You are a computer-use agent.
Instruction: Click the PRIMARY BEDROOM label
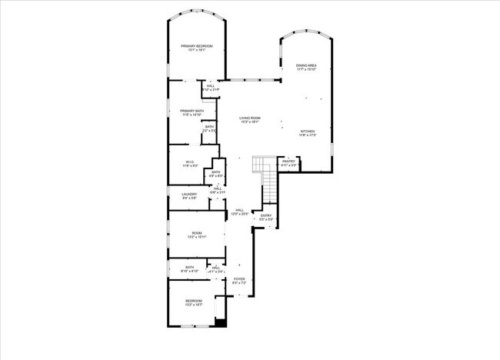pyautogui.click(x=197, y=46)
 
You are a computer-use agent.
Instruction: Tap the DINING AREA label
pyautogui.click(x=308, y=65)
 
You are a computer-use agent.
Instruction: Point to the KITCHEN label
pyautogui.click(x=308, y=132)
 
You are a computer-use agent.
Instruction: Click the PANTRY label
pyautogui.click(x=288, y=162)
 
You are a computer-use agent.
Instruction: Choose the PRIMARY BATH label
pyautogui.click(x=192, y=111)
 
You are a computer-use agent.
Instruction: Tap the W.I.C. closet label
pyautogui.click(x=188, y=162)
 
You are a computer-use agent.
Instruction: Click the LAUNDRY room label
pyautogui.click(x=189, y=195)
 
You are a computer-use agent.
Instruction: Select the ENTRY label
pyautogui.click(x=266, y=215)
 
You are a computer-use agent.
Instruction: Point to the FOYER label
pyautogui.click(x=239, y=279)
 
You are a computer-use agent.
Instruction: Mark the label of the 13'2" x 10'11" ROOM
pyautogui.click(x=197, y=233)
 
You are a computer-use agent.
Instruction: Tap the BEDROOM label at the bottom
pyautogui.click(x=194, y=301)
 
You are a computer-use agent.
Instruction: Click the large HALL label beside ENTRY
pyautogui.click(x=240, y=210)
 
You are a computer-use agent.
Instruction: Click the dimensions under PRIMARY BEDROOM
pyautogui.click(x=197, y=51)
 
